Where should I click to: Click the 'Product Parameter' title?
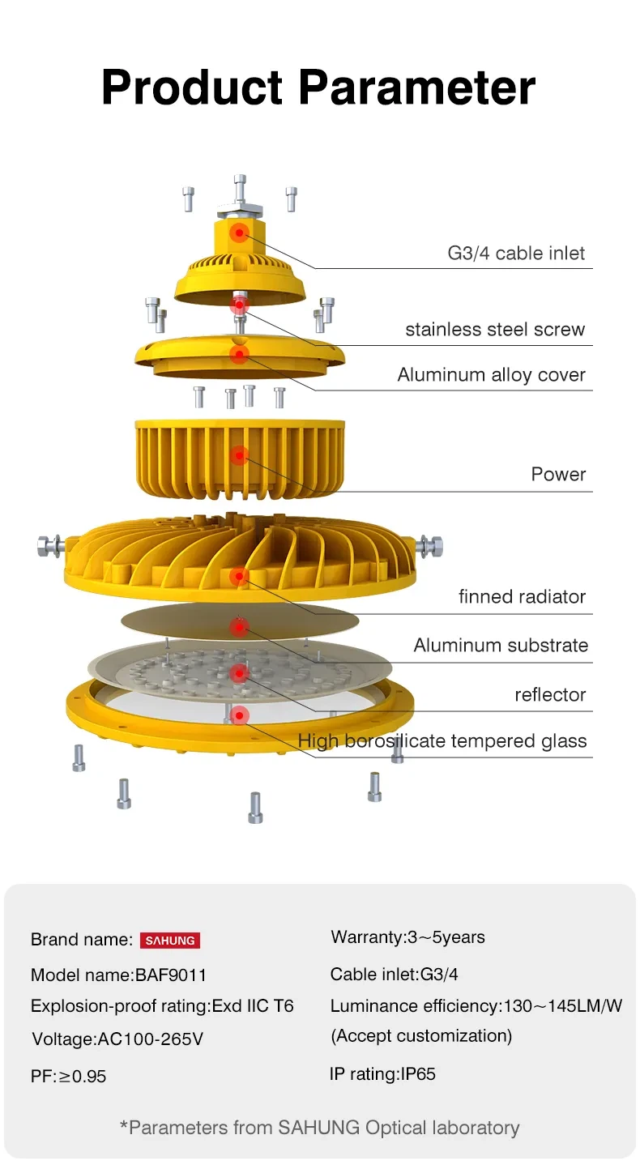click(318, 87)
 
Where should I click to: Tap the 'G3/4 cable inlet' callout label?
click(516, 253)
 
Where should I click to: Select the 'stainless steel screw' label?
click(494, 330)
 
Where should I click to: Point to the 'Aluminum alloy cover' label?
click(491, 375)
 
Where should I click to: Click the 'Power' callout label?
click(558, 474)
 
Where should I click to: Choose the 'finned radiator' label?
click(522, 597)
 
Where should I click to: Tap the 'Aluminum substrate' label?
click(501, 646)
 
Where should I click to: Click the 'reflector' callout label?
click(550, 695)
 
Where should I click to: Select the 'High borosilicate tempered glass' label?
click(442, 741)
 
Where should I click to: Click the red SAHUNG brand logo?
click(170, 941)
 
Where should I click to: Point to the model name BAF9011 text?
click(113, 975)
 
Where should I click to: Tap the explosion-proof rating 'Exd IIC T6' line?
click(162, 1006)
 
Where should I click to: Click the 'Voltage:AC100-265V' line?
click(117, 1039)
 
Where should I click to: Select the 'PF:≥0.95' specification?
click(69, 1077)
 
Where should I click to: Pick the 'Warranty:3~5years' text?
click(407, 937)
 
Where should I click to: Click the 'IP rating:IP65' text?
click(382, 1074)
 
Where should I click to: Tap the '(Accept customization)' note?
click(421, 1035)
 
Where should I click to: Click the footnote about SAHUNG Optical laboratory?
click(319, 1127)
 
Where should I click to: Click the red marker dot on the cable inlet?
click(239, 233)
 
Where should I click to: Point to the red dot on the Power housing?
click(238, 456)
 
